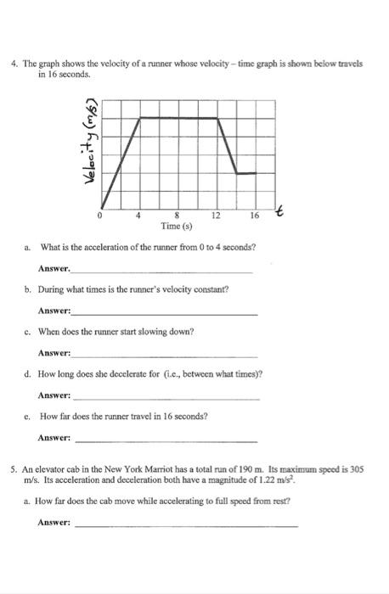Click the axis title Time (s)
177,227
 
